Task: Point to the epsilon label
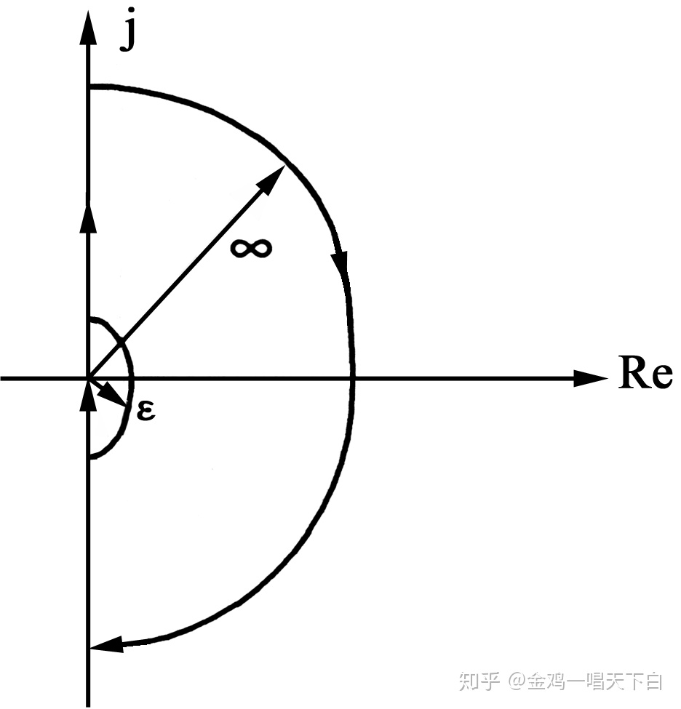point(146,412)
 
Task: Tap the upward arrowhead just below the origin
point(89,395)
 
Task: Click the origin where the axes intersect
point(89,378)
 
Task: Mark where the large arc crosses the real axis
point(353,378)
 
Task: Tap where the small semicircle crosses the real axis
point(132,378)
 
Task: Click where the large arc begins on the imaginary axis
point(89,87)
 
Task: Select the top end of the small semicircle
point(89,319)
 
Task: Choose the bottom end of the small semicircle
point(89,457)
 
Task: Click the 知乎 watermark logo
point(479,681)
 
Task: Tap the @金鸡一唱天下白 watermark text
point(586,681)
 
